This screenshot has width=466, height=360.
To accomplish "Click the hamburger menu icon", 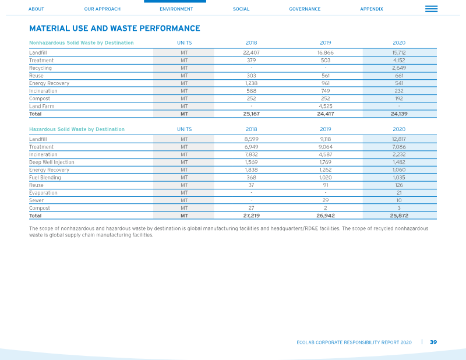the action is click(x=431, y=9).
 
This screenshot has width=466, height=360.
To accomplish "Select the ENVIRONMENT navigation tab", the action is click(x=176, y=9).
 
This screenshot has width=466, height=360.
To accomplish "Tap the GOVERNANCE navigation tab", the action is click(x=305, y=9).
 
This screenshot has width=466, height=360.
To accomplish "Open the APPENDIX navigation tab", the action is click(x=372, y=9).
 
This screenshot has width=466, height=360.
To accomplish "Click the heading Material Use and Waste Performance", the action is click(x=115, y=28).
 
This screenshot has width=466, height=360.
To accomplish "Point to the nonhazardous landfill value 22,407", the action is click(x=252, y=52).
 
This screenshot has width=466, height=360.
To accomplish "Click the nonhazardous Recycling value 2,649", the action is click(x=399, y=68).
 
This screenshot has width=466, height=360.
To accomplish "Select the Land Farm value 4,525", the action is click(x=326, y=106).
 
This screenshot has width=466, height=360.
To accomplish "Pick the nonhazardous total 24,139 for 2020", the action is click(x=399, y=114).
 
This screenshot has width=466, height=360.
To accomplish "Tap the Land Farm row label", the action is click(x=41, y=106).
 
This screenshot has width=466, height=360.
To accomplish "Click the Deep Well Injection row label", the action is click(x=52, y=162).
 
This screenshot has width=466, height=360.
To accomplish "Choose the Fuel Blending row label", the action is click(x=45, y=178).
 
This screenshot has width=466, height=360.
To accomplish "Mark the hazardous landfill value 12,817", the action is click(x=399, y=139).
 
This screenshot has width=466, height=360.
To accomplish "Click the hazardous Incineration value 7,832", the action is click(x=252, y=154).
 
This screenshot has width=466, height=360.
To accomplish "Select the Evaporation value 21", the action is click(x=399, y=193).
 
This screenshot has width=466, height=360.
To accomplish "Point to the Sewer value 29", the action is click(x=326, y=200).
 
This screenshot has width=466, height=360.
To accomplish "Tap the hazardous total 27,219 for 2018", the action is click(x=252, y=216).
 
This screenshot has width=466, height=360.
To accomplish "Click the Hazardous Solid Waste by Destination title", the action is click(x=77, y=129).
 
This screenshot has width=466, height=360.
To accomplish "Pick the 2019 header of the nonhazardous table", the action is click(x=326, y=43).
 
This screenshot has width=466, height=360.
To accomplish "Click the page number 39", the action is click(x=433, y=342).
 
